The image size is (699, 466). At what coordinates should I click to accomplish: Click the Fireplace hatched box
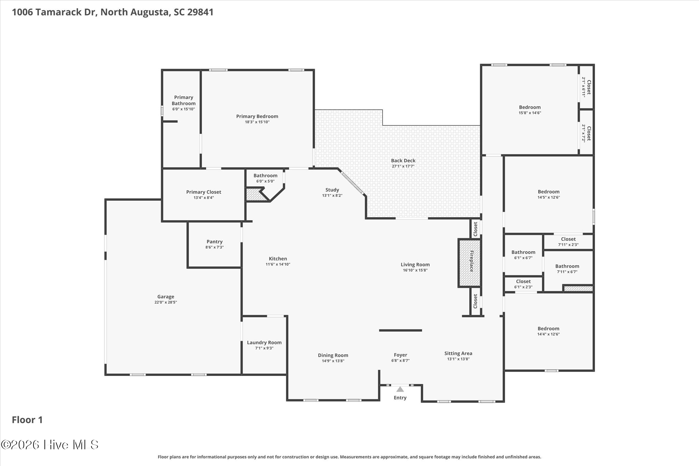click(469, 263)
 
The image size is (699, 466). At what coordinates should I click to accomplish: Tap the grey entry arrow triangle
click(400, 389)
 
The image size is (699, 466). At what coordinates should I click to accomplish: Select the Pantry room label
click(214, 242)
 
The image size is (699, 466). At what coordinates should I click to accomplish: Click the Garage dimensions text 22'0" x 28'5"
click(166, 302)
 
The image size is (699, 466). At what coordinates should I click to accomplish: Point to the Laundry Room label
click(264, 342)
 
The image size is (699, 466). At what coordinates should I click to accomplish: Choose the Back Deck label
click(403, 160)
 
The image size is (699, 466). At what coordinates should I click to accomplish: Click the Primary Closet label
click(204, 192)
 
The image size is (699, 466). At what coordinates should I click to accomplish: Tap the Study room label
click(332, 190)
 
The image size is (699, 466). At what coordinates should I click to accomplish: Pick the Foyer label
click(400, 355)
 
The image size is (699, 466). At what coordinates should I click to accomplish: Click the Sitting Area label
click(458, 353)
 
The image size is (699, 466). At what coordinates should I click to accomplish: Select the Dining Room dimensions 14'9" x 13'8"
click(333, 361)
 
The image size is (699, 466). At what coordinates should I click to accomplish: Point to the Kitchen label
click(278, 259)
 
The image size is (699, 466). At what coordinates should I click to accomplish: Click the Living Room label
click(415, 265)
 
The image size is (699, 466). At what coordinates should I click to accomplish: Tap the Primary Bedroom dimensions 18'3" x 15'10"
click(257, 122)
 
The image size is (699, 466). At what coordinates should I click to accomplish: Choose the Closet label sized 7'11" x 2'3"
click(568, 239)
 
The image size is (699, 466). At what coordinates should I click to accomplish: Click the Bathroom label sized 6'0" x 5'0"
click(265, 176)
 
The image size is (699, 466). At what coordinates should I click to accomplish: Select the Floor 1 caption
click(27, 420)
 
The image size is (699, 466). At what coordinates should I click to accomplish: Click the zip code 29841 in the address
click(200, 12)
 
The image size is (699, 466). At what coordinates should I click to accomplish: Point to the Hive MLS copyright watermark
click(50, 444)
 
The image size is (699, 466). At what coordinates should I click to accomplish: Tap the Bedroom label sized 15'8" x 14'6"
click(530, 107)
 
